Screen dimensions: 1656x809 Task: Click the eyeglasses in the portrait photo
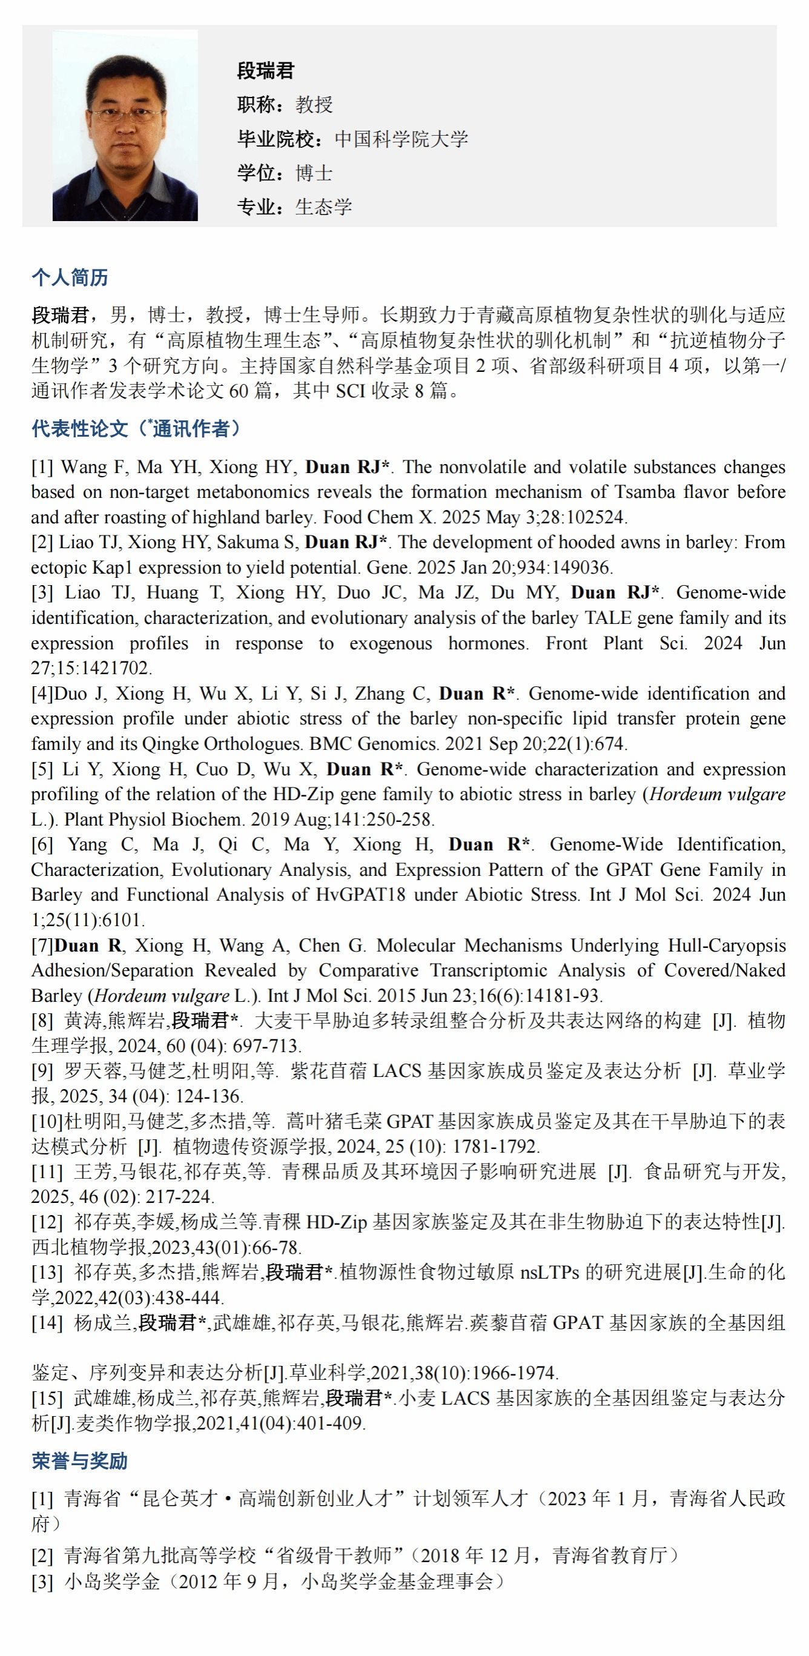(x=125, y=116)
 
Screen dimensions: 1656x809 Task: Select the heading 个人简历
(x=70, y=277)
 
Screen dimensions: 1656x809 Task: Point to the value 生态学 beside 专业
(x=324, y=207)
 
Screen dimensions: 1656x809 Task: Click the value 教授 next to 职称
(x=314, y=105)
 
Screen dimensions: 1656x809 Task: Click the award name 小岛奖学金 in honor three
(x=112, y=1581)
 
